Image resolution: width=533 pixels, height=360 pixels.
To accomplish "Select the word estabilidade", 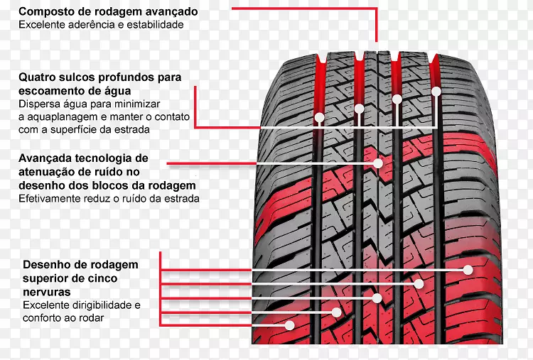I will point(157,24).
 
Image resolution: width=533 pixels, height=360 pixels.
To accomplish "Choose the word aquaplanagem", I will point(58,116).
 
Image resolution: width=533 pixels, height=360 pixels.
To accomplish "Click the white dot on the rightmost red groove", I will point(436,91).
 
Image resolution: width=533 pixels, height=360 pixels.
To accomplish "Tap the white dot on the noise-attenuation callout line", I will point(378,163).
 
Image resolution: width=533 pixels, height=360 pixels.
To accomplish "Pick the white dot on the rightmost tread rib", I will point(468,270).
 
